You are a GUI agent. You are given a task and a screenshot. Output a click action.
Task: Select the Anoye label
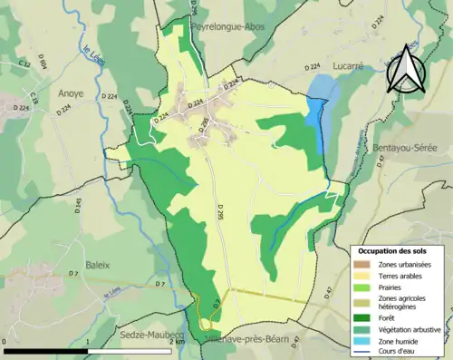[70, 92]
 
